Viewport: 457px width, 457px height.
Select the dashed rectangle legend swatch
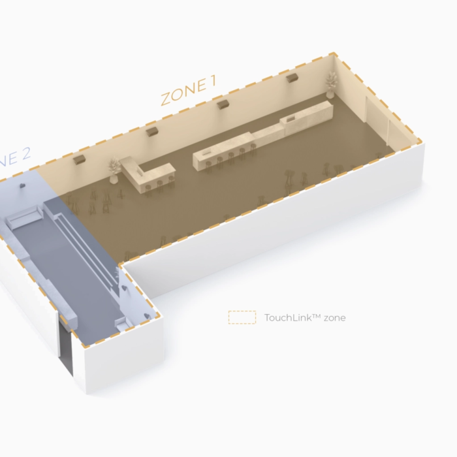pyautogui.click(x=242, y=318)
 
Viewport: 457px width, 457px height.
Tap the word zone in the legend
pyautogui.click(x=334, y=318)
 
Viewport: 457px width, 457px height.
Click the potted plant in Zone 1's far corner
pyautogui.click(x=332, y=84)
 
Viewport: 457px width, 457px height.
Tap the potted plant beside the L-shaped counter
pyautogui.click(x=116, y=167)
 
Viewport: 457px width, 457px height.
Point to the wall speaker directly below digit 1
pyautogui.click(x=223, y=104)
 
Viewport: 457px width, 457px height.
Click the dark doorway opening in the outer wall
pyautogui.click(x=66, y=350)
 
